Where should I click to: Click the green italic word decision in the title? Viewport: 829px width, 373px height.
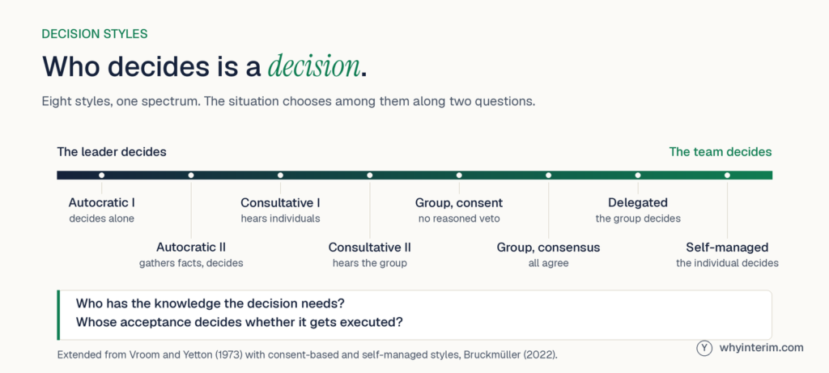[x=314, y=66]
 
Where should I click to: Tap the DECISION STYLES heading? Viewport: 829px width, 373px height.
[x=95, y=34]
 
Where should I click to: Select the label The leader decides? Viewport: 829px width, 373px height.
[x=112, y=152]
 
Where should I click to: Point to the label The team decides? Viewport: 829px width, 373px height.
[x=720, y=152]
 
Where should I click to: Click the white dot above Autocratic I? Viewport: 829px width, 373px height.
[x=101, y=175]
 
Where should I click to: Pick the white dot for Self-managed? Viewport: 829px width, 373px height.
[x=727, y=175]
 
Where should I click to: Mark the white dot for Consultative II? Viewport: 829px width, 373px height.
[x=369, y=175]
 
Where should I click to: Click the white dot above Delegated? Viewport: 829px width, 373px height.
[x=638, y=175]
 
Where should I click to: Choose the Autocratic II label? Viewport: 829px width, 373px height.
[x=191, y=248]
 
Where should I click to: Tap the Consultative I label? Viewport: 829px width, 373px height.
[x=280, y=203]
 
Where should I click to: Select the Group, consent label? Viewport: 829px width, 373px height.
[x=459, y=203]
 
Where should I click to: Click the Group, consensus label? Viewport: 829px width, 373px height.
[x=548, y=248]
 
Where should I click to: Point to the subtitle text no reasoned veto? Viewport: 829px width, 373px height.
[x=459, y=218]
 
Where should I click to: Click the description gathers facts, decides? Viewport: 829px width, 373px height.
[x=191, y=263]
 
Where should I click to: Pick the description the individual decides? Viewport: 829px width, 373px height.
[x=727, y=263]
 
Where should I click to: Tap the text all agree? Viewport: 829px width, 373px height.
[x=548, y=263]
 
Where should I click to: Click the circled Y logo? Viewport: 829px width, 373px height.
[x=704, y=348]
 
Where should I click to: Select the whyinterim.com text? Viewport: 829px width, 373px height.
[x=761, y=348]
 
